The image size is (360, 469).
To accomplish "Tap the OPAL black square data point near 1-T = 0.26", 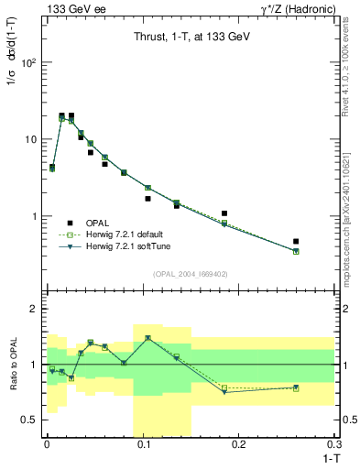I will (296, 242).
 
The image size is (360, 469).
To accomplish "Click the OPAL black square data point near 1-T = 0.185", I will (224, 213).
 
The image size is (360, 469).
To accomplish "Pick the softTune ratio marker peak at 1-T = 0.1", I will (147, 338).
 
